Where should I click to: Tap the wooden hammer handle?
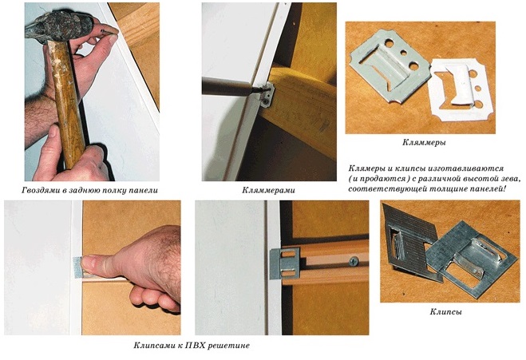tap(67, 101)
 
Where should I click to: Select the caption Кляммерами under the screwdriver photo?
tap(268, 191)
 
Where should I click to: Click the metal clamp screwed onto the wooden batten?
tap(267, 95)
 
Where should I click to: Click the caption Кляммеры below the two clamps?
tap(424, 143)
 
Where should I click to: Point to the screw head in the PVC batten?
tap(354, 261)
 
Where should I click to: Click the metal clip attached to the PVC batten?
tap(285, 263)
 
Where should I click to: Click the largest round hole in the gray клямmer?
tap(413, 66)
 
